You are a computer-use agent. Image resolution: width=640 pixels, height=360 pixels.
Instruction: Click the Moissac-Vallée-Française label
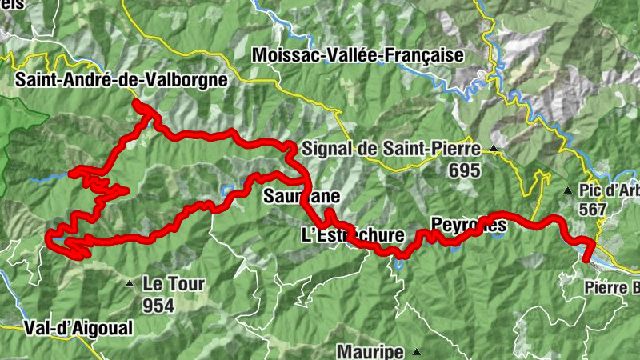tap(357, 55)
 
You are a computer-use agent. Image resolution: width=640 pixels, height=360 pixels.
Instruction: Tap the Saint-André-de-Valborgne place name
tap(121, 80)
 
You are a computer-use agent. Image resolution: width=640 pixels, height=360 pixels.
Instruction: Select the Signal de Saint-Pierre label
tap(391, 148)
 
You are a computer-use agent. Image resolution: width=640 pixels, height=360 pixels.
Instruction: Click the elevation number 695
tap(464, 170)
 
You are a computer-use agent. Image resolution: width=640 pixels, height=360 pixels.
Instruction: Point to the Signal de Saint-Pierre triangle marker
tap(494, 149)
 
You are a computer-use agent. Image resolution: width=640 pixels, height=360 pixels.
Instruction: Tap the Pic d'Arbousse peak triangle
tap(567, 190)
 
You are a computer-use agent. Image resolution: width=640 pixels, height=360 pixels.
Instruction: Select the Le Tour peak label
tap(174, 283)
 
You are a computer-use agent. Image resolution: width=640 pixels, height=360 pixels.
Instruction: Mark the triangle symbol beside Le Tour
tap(129, 283)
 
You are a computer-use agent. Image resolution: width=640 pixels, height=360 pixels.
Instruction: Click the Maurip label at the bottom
tap(370, 351)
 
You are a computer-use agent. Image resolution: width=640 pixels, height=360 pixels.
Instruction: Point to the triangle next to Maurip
tap(416, 351)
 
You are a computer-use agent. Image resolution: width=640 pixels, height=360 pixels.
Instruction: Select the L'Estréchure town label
tap(350, 235)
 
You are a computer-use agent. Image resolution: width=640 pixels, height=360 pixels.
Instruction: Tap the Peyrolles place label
tap(468, 225)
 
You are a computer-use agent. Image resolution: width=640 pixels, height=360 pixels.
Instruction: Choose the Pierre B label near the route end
tap(612, 287)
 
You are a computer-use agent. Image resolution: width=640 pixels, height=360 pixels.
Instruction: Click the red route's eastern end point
tap(586, 260)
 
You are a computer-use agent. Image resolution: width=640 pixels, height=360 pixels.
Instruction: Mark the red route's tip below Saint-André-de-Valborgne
tap(137, 104)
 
